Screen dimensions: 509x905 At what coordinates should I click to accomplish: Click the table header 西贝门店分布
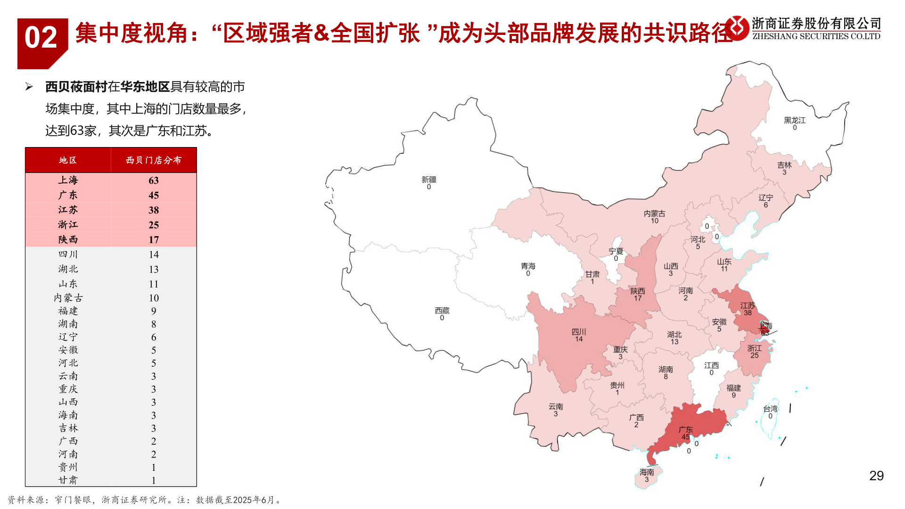tap(153, 160)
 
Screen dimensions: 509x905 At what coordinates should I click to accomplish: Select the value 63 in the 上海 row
tap(153, 181)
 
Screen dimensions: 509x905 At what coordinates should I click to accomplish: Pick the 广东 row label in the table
tap(68, 195)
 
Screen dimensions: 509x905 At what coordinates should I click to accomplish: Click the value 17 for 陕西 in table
tap(153, 239)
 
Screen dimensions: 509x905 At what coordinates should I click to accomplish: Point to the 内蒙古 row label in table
tap(68, 298)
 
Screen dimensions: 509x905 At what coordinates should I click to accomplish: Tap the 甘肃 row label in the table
tap(68, 480)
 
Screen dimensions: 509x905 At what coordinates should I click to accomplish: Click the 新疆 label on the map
tap(428, 180)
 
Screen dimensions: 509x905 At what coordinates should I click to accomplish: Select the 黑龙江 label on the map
tap(795, 121)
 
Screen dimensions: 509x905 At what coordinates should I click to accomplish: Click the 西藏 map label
tap(442, 311)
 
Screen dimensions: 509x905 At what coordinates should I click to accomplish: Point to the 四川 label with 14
tap(578, 332)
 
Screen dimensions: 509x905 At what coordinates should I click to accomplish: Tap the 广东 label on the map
tap(685, 430)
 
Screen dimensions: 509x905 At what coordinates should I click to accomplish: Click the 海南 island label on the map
tap(647, 472)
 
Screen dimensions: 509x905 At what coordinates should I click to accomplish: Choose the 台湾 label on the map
tap(770, 409)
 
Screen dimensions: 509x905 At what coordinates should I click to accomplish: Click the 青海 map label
tap(528, 267)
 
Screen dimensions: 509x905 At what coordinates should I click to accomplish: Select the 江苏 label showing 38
tap(748, 306)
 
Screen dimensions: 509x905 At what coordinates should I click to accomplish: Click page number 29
tap(876, 476)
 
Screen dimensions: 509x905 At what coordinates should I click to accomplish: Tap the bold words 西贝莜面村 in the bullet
tap(76, 87)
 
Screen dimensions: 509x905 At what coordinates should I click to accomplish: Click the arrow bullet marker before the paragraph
tap(29, 87)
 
